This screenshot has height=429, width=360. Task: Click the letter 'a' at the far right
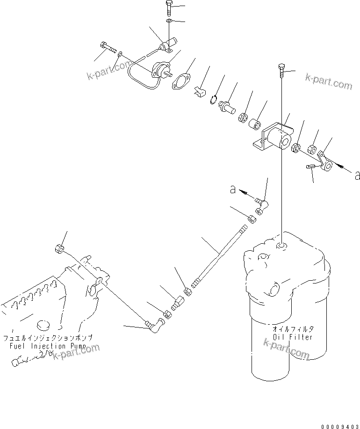357,175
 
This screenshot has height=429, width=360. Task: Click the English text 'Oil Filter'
293,337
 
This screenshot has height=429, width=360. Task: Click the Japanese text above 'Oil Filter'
293,329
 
